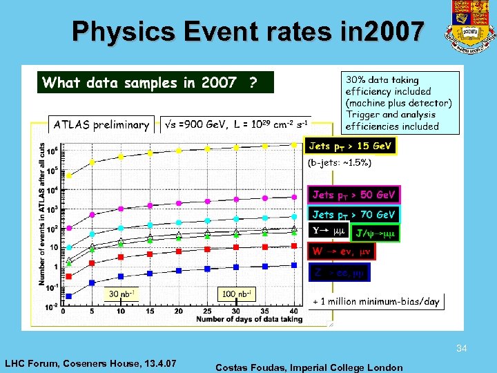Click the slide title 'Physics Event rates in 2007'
248,31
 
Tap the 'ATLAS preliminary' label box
101,125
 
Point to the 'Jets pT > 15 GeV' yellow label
351,146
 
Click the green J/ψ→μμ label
376,233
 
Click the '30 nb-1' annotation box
119,294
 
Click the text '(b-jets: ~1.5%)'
339,164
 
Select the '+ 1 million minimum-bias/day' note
376,302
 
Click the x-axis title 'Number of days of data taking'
249,319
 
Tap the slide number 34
462,350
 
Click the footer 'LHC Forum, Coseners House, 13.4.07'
90,363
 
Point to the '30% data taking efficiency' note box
400,103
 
